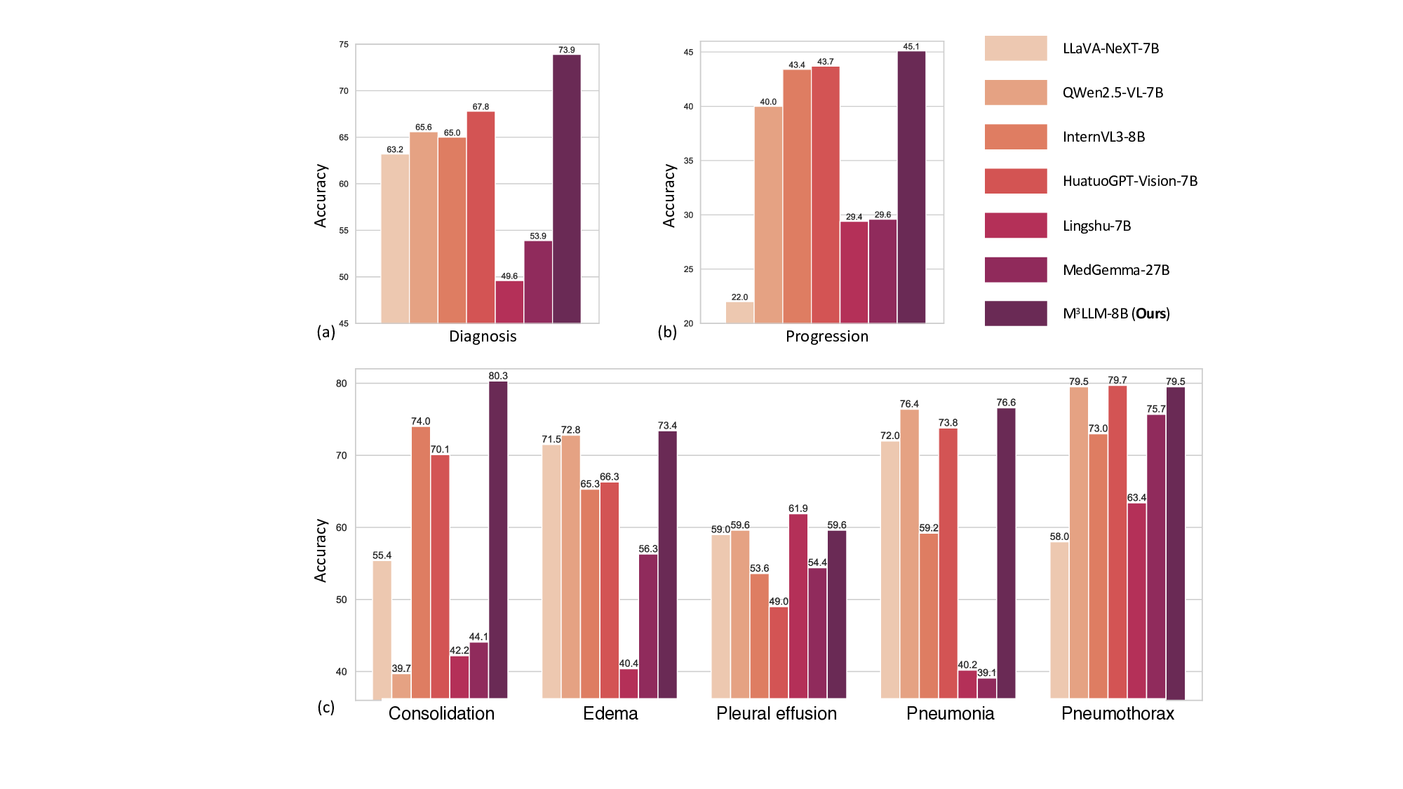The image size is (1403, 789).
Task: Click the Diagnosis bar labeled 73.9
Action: coord(567,189)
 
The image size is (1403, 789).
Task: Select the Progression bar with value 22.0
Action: coord(739,313)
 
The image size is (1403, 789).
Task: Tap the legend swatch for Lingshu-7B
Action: coord(1015,225)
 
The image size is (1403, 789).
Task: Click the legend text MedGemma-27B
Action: coord(1115,270)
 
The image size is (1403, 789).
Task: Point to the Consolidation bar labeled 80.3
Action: coord(498,540)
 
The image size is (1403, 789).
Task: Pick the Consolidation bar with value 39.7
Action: coord(401,686)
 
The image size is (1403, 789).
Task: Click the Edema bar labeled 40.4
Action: coord(629,684)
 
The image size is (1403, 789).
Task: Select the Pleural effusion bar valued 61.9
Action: coord(798,606)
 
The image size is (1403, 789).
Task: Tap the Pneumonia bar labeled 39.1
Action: coord(986,688)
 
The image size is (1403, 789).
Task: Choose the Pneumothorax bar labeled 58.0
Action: coord(1059,620)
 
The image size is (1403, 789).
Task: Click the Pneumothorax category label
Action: coord(1117,713)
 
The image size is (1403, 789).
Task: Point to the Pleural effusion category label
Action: coord(776,713)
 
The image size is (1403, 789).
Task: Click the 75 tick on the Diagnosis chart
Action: coord(344,44)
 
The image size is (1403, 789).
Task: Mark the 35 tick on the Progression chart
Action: coord(688,161)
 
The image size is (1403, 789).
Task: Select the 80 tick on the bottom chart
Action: coord(342,384)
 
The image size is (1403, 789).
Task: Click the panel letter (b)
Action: coord(667,332)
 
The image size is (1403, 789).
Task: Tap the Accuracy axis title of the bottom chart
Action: coord(321,551)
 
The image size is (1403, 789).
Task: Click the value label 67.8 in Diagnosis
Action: coord(481,107)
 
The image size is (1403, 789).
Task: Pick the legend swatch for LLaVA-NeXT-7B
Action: coord(1015,48)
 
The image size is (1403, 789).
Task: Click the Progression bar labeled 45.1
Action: coord(911,187)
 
